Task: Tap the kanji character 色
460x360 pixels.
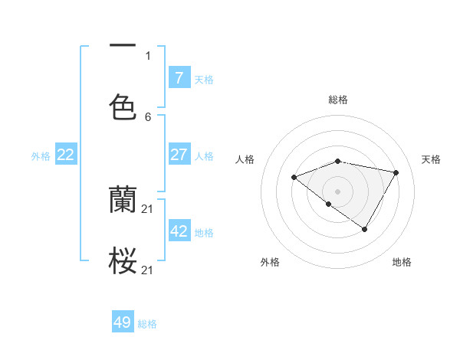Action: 123,107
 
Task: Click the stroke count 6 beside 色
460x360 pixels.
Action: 148,116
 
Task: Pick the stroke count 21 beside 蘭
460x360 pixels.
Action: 149,209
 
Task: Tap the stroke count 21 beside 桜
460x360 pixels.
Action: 149,270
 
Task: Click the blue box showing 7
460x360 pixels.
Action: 179,77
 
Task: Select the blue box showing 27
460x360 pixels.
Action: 179,155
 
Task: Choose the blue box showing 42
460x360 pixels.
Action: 179,231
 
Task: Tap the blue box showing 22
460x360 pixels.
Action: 66,155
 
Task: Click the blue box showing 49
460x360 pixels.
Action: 123,322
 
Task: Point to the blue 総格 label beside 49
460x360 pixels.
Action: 147,324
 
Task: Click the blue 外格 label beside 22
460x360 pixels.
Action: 41,156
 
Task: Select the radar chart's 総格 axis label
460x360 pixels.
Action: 338,100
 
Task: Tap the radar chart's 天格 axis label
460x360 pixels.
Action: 431,159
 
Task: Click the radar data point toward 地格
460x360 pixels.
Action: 365,229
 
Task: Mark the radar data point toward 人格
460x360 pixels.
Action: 294,178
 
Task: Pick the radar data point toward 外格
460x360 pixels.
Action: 328,205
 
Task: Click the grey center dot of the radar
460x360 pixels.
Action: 338,191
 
